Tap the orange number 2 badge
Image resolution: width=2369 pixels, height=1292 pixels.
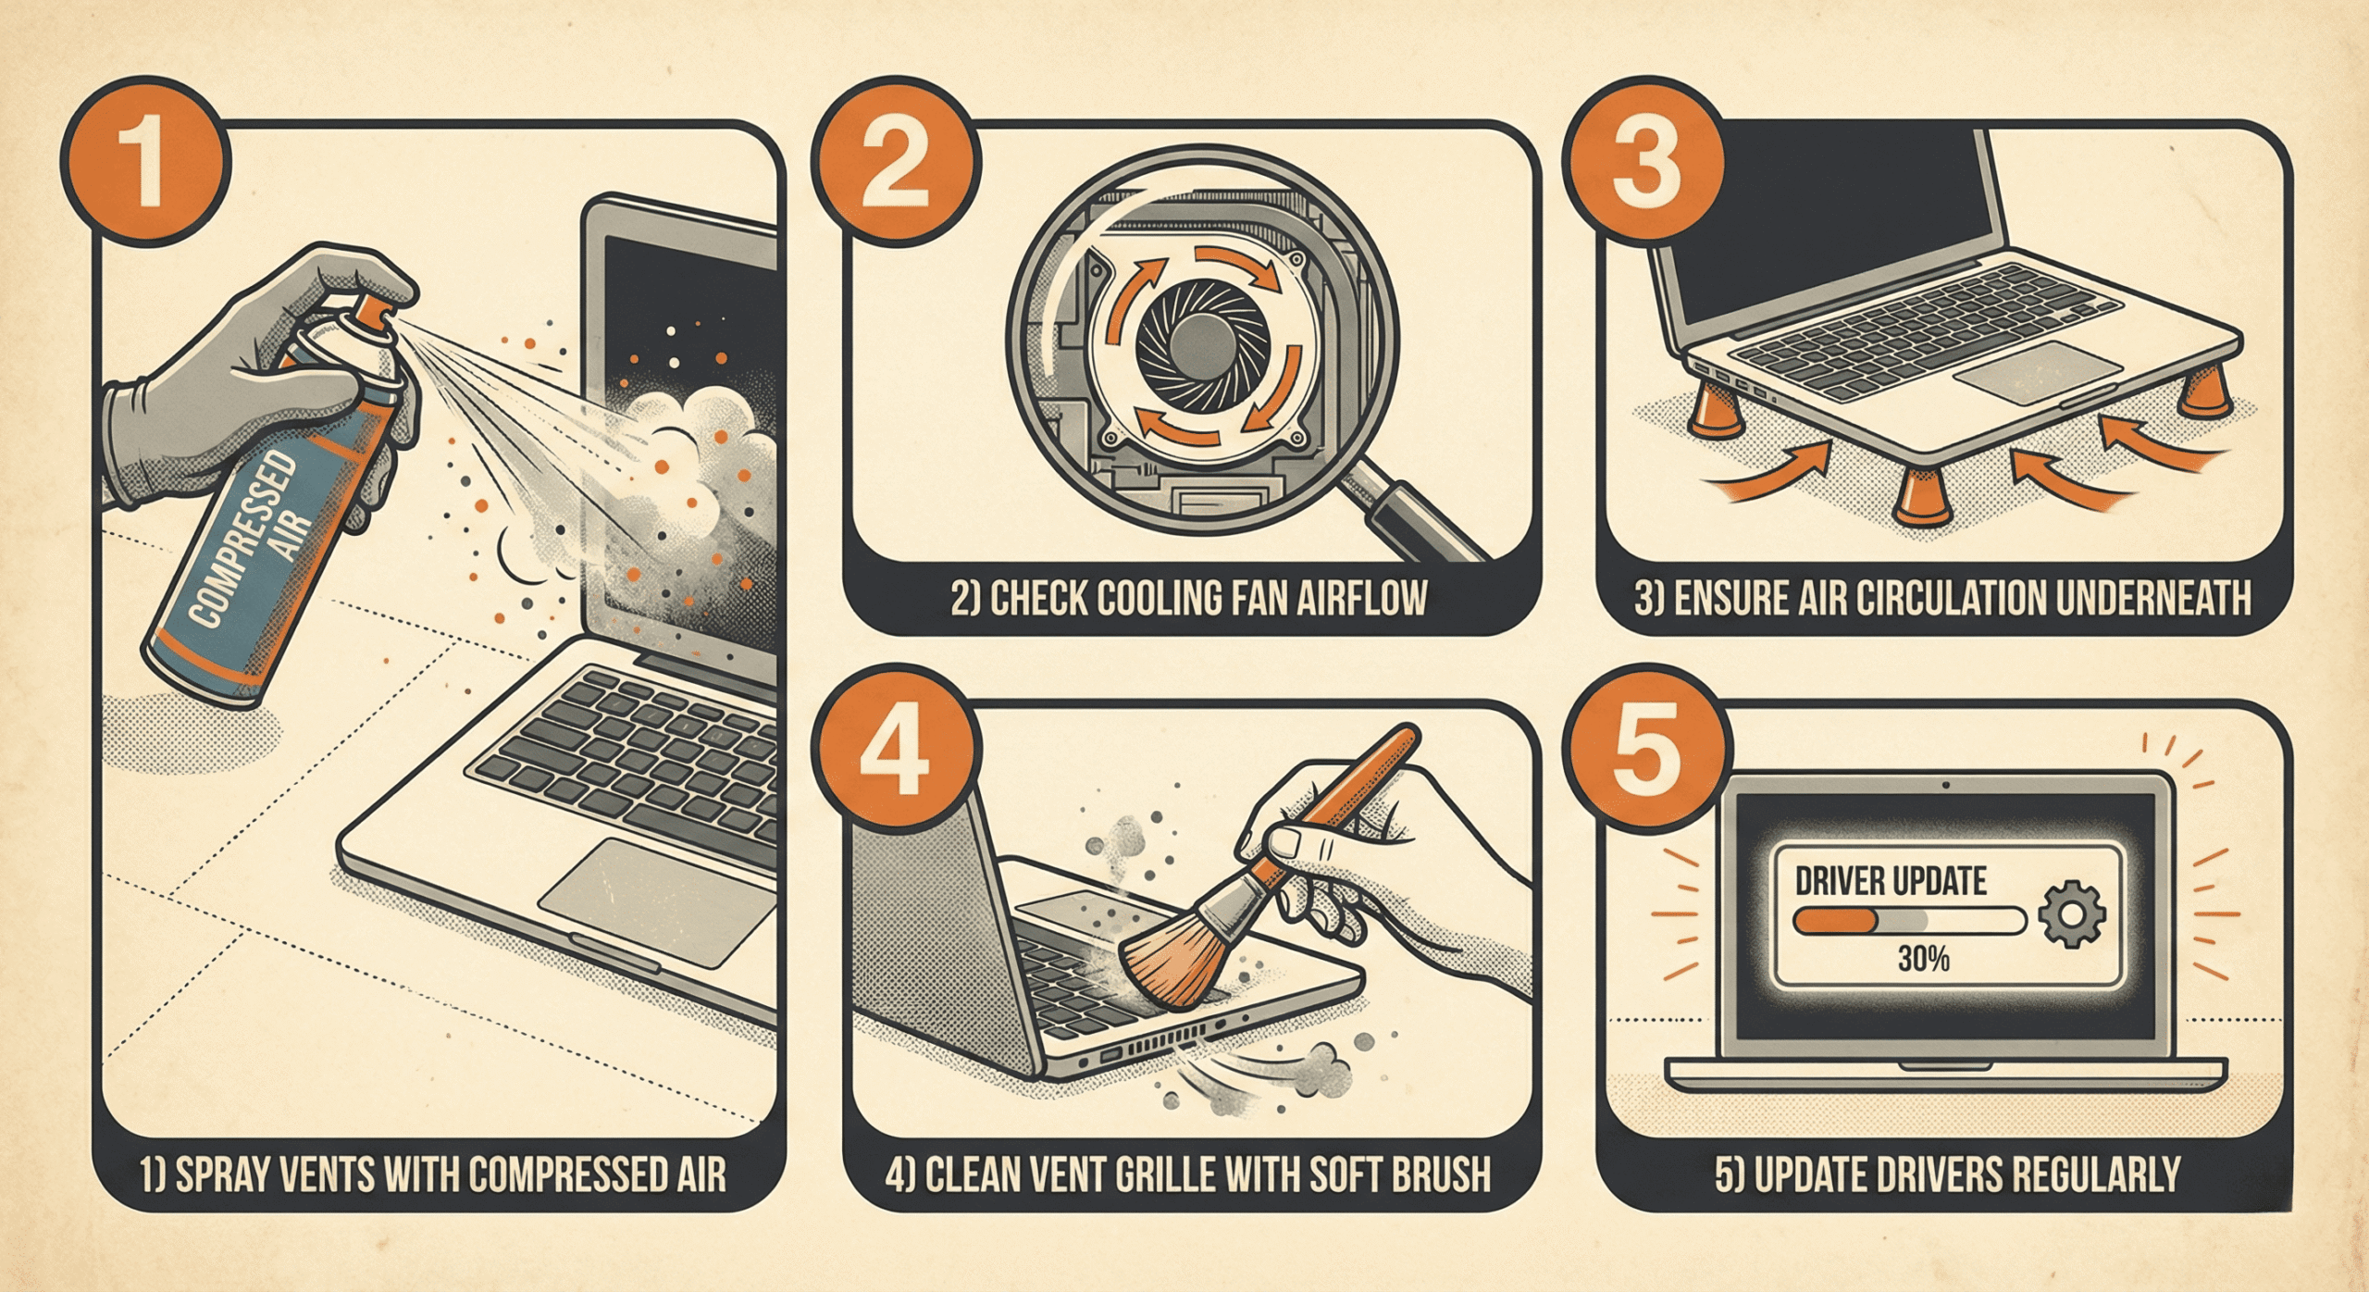coord(895,166)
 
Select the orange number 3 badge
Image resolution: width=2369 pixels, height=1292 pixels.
coord(1645,164)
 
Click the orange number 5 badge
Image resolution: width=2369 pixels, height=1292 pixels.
coord(1643,748)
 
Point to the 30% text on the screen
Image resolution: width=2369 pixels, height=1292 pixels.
coord(1924,959)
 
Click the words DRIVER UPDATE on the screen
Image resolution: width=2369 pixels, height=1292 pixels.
coord(1891,880)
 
